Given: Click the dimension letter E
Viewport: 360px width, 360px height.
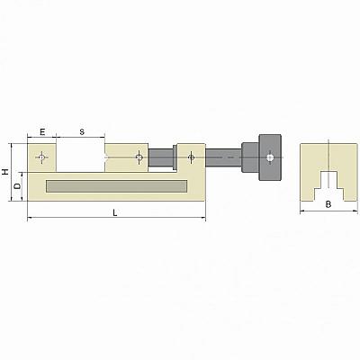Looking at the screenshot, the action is click(x=42, y=131).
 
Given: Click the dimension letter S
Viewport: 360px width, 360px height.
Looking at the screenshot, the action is click(x=82, y=131).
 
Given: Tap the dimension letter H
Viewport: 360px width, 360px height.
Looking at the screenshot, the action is click(x=5, y=172).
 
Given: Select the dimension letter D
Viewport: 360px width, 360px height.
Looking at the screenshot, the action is click(x=18, y=186).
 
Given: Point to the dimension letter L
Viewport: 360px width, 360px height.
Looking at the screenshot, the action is click(x=115, y=212).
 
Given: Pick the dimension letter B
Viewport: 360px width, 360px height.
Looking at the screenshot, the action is click(x=328, y=204).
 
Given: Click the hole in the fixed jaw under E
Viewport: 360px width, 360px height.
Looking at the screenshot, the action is click(x=41, y=157).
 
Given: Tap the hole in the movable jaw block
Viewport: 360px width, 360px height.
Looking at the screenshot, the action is click(x=139, y=157).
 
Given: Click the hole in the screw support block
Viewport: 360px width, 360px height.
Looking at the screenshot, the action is click(x=191, y=157).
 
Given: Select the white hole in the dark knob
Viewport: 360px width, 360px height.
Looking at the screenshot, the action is click(x=270, y=157).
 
